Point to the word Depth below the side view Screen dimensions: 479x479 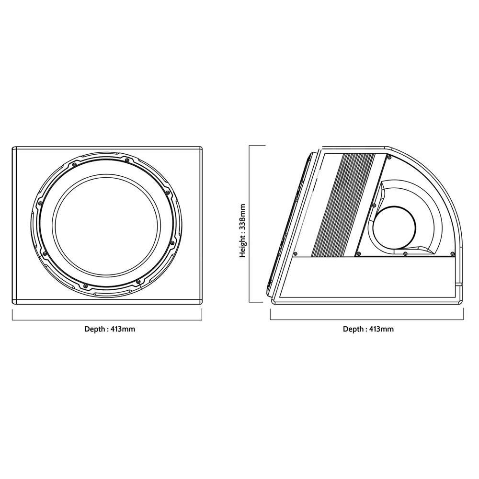[x=354, y=329]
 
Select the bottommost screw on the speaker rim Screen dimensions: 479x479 [x=86, y=286]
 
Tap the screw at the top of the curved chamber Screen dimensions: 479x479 [x=389, y=157]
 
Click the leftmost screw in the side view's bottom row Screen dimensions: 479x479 [x=296, y=253]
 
